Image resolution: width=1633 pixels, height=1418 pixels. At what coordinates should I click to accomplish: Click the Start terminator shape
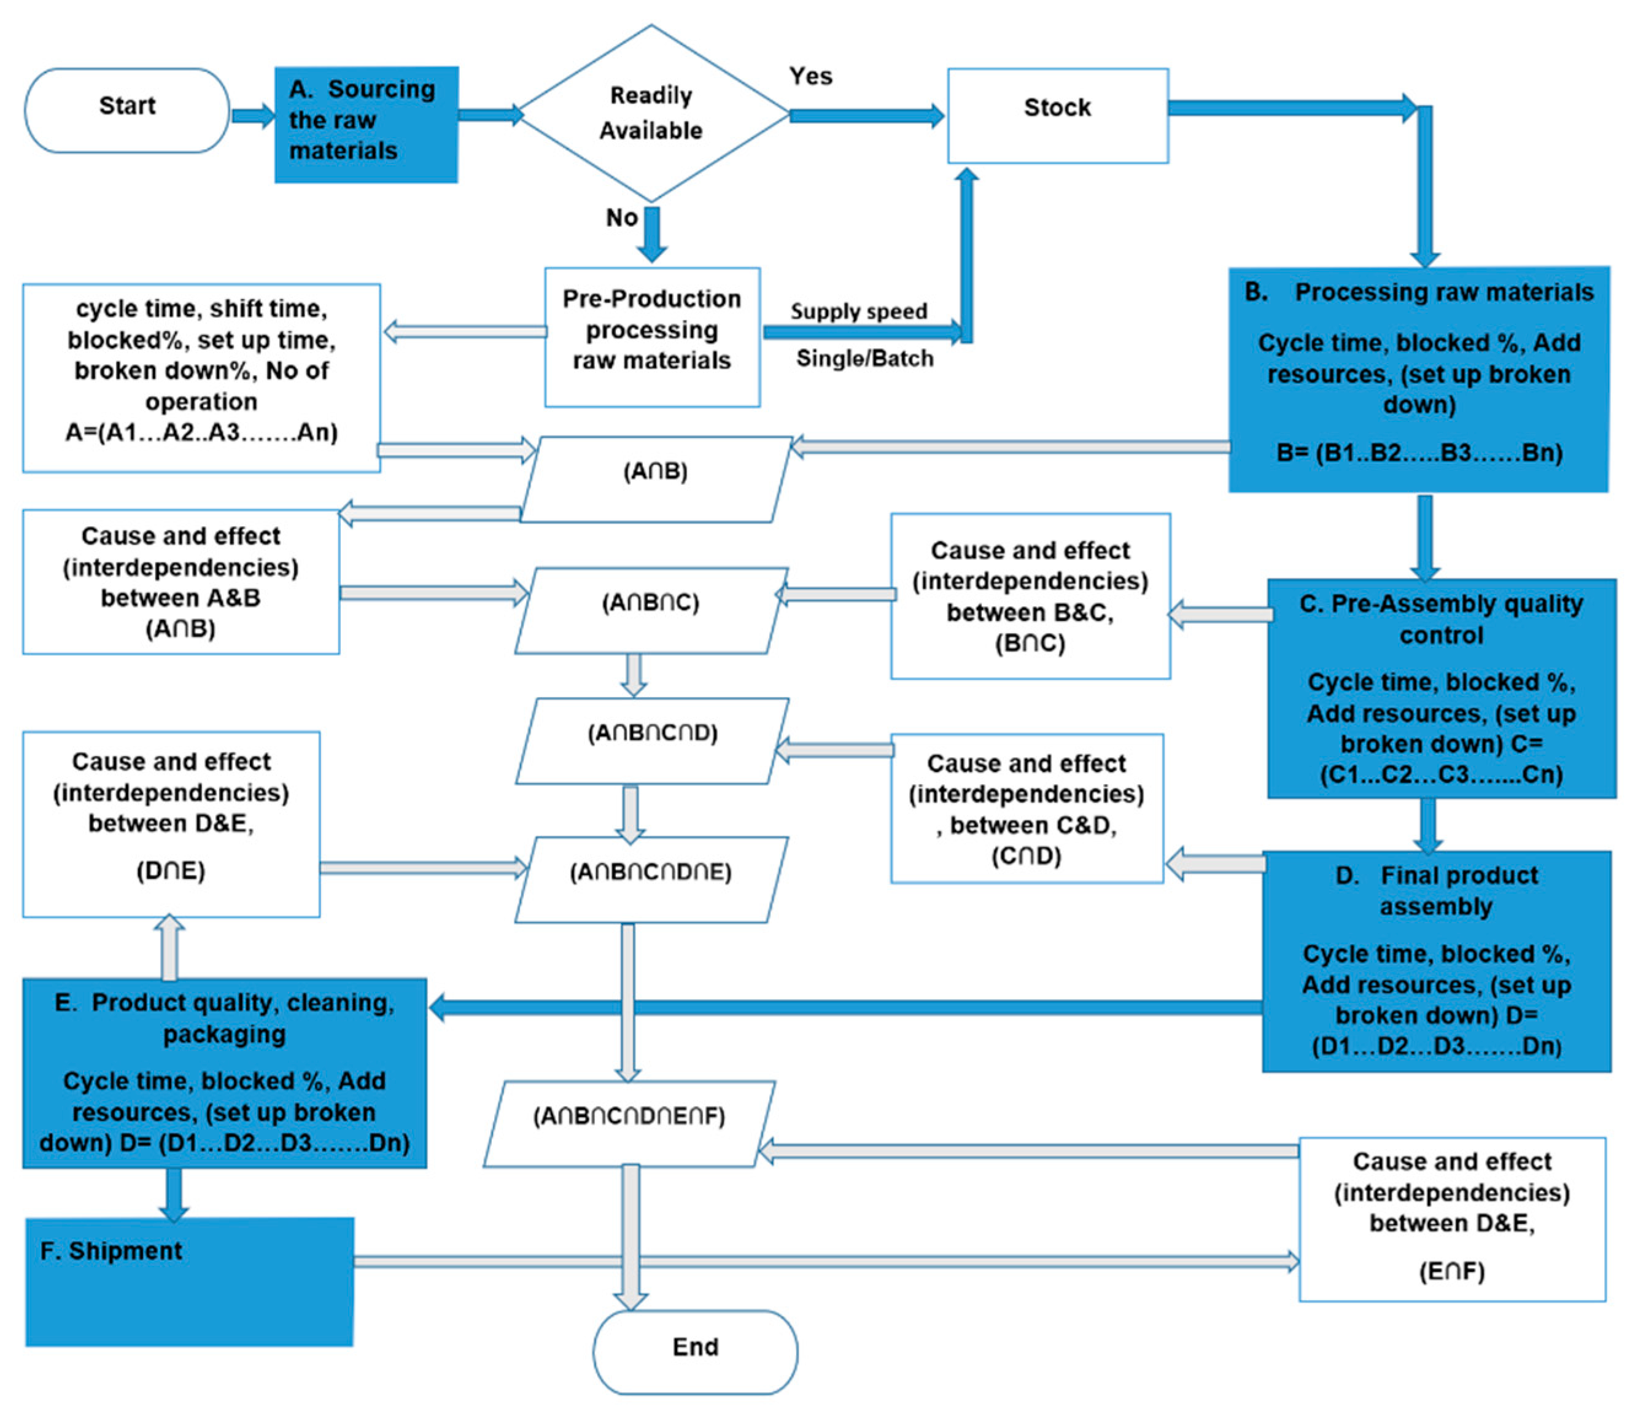pyautogui.click(x=126, y=109)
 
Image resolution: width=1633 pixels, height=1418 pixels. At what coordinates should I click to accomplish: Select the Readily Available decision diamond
pyautogui.click(x=651, y=113)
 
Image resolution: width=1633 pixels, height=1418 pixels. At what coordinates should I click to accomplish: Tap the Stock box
pyautogui.click(x=1058, y=115)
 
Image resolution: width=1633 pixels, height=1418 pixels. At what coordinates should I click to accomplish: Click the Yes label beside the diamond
pyautogui.click(x=811, y=76)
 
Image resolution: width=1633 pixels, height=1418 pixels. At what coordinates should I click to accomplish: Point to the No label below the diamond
pyautogui.click(x=622, y=217)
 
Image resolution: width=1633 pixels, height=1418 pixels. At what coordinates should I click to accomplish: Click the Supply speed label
pyautogui.click(x=858, y=311)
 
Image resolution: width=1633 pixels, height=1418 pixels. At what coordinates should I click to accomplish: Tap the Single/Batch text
pyautogui.click(x=864, y=359)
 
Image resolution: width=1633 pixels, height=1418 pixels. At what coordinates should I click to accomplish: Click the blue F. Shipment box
pyautogui.click(x=189, y=1281)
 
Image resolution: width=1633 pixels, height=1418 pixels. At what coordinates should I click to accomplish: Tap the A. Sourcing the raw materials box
pyautogui.click(x=365, y=124)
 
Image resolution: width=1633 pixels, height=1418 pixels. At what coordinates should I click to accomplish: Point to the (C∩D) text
pyautogui.click(x=1026, y=855)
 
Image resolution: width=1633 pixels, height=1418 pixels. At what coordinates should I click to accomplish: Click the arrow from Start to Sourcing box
pyautogui.click(x=252, y=115)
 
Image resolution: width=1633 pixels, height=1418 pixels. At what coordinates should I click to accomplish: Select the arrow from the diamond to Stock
pyautogui.click(x=866, y=115)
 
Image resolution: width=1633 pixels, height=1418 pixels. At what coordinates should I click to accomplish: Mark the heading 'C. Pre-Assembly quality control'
pyautogui.click(x=1441, y=619)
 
